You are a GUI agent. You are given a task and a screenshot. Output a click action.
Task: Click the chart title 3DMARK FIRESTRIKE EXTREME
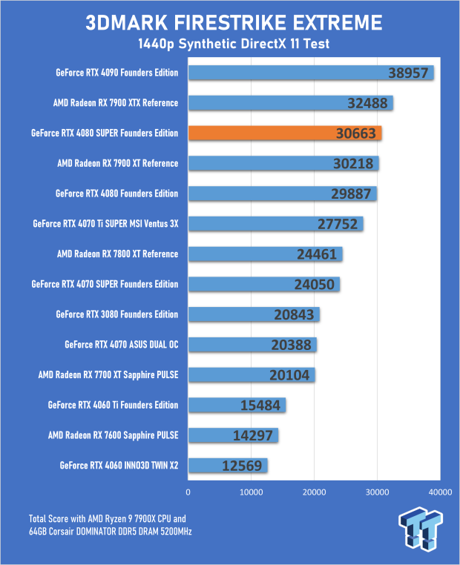pyautogui.click(x=230, y=22)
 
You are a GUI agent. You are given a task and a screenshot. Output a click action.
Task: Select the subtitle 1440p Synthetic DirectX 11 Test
pyautogui.click(x=230, y=45)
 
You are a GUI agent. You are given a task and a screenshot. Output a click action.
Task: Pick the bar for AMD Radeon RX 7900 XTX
pyautogui.click(x=290, y=103)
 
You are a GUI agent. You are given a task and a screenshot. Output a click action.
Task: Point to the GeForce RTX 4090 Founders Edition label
pyautogui.click(x=116, y=73)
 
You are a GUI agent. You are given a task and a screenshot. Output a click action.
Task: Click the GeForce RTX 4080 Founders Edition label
pyautogui.click(x=116, y=194)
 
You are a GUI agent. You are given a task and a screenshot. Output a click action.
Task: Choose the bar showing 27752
pyautogui.click(x=275, y=224)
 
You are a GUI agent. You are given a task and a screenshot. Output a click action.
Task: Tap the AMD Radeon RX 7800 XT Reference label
pyautogui.click(x=117, y=254)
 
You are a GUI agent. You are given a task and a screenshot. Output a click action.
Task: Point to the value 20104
pyautogui.click(x=292, y=375)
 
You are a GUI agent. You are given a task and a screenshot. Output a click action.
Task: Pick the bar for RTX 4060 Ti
pyautogui.click(x=237, y=405)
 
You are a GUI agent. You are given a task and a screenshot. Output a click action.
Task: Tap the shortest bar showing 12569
pyautogui.click(x=228, y=466)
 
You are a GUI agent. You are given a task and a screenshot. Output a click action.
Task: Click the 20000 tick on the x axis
pyautogui.click(x=314, y=491)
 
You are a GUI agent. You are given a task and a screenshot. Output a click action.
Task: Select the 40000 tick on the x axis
pyautogui.click(x=440, y=491)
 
